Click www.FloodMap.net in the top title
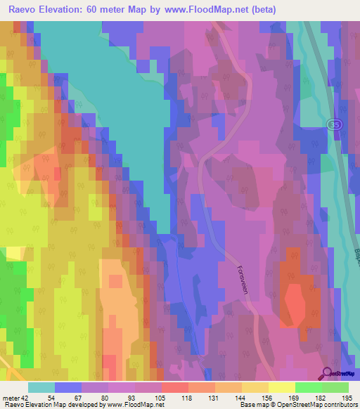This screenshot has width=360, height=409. click(208, 10)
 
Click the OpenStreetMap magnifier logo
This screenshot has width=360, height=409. click(326, 375)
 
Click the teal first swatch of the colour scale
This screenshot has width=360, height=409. click(41, 387)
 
